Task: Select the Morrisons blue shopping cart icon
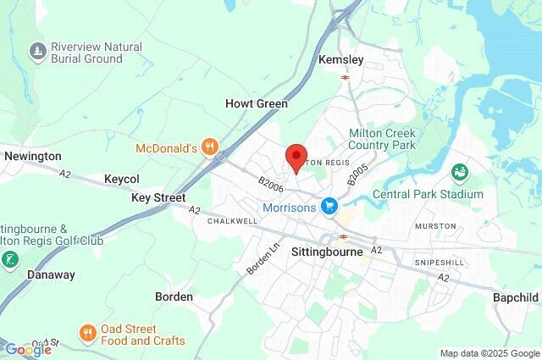tap(330, 206)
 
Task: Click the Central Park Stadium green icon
tap(459, 174)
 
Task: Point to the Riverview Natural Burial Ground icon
tap(36, 52)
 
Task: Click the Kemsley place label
tap(340, 59)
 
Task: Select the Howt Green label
tap(256, 103)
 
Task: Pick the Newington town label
tap(33, 156)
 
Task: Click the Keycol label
tap(121, 179)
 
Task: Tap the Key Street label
tap(158, 197)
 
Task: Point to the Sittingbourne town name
tap(327, 252)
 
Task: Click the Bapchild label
tap(516, 297)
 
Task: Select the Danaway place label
tap(51, 275)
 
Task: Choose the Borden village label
tap(174, 296)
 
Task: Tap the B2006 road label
tap(271, 183)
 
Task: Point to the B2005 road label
tap(358, 174)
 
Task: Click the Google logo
tap(28, 350)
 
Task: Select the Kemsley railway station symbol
tap(346, 77)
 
